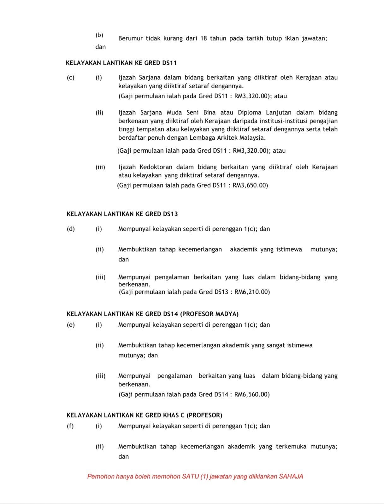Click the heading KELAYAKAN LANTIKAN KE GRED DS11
pyautogui.click(x=121, y=63)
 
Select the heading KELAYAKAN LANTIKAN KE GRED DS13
pyautogui.click(x=122, y=214)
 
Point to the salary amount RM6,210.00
pyautogui.click(x=251, y=292)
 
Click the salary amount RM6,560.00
pyautogui.click(x=251, y=394)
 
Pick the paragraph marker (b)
pyautogui.click(x=99, y=35)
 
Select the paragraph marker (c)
pyautogui.click(x=71, y=77)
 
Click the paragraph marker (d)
pyautogui.click(x=71, y=229)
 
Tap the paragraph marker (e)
pyautogui.click(x=71, y=325)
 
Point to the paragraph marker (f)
pyautogui.click(x=70, y=426)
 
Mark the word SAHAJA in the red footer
pyautogui.click(x=291, y=476)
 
